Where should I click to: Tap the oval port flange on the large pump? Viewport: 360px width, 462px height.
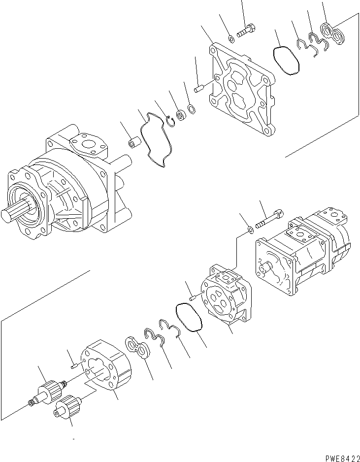coord(88,147)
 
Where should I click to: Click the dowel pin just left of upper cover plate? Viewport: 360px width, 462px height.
coord(199,89)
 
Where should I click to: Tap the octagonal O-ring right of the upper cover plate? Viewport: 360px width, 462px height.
coord(286,59)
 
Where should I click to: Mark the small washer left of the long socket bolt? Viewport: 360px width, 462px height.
coord(251,229)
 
